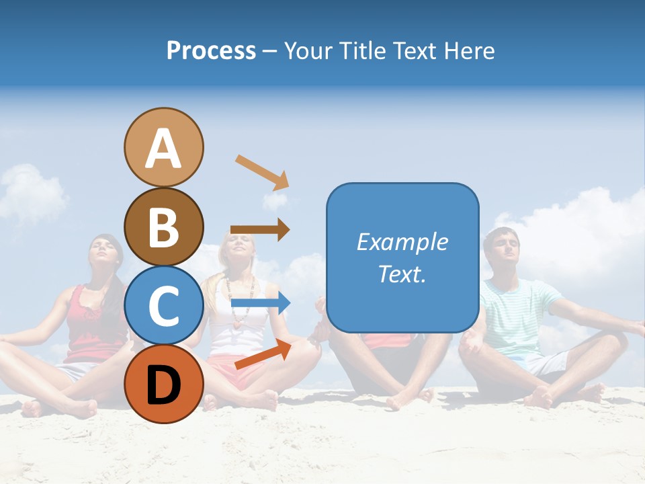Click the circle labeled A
click(163, 148)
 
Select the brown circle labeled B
click(163, 227)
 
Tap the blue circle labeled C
click(163, 305)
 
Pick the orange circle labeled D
click(163, 384)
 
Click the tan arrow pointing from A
click(262, 172)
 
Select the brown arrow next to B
click(260, 229)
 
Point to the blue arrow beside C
click(260, 304)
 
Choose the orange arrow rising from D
click(263, 354)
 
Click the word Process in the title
click(211, 50)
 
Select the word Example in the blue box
click(402, 242)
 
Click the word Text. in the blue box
click(402, 274)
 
